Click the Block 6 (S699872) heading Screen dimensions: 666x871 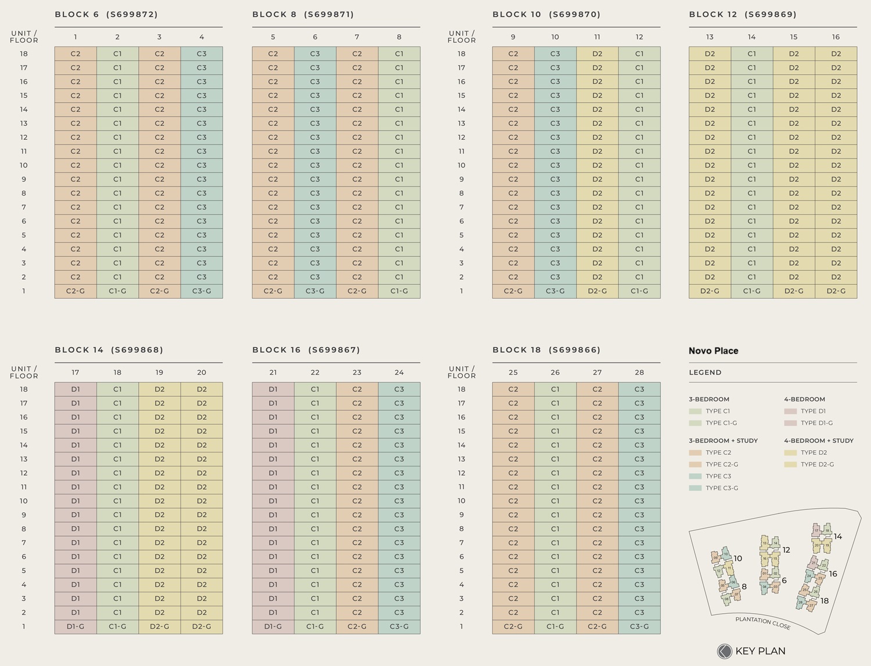click(106, 15)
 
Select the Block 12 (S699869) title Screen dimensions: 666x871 click(743, 15)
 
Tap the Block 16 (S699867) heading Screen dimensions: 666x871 click(306, 350)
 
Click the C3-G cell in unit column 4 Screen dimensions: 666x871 click(201, 291)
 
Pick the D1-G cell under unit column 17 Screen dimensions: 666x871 click(75, 627)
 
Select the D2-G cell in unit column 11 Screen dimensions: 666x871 click(597, 291)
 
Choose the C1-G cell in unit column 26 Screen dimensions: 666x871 click(555, 627)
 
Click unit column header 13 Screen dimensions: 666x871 click(710, 37)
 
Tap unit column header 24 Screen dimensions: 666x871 click(399, 372)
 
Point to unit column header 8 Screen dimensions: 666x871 click(399, 37)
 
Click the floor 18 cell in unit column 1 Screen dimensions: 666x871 click(75, 54)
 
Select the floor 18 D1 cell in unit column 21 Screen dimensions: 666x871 click(273, 389)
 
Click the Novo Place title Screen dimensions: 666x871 click(713, 351)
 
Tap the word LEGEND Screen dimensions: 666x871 click(705, 372)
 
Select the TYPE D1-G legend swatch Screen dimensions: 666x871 click(790, 423)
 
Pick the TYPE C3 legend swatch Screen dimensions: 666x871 click(695, 476)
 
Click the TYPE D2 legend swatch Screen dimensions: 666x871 click(790, 453)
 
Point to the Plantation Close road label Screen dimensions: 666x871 click(762, 623)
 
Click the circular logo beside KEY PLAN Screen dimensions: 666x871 click(724, 651)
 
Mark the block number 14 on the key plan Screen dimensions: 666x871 click(838, 537)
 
